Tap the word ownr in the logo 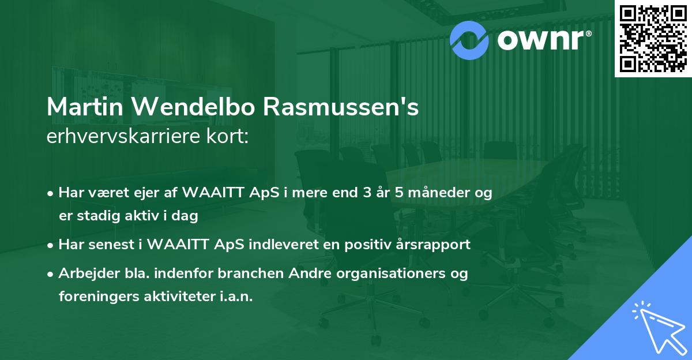[x=542, y=39]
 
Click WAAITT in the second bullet [x=182, y=245]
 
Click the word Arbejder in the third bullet [x=85, y=273]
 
